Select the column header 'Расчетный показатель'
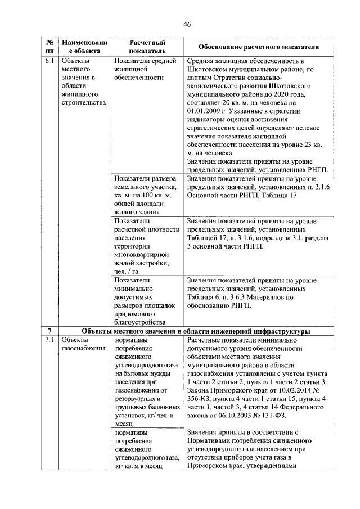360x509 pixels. click(x=147, y=47)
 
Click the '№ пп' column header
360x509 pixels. click(x=49, y=47)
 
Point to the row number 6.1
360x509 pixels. click(x=49, y=61)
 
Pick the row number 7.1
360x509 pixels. click(x=49, y=340)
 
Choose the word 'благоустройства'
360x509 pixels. click(x=140, y=322)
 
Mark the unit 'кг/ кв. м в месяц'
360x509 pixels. click(x=138, y=467)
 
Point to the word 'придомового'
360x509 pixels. click(x=134, y=314)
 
